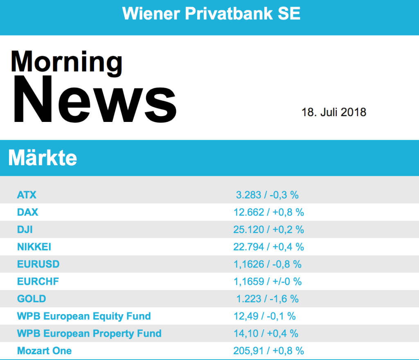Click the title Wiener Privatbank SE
tap(211, 13)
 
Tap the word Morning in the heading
tap(66, 62)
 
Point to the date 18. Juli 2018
tap(333, 112)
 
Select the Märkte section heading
tap(43, 158)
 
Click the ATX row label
tap(27, 195)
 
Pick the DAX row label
tap(27, 212)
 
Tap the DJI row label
tap(25, 229)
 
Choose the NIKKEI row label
tap(34, 247)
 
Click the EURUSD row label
tap(38, 264)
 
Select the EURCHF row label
tap(38, 281)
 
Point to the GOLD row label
tap(32, 299)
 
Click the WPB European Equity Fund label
tap(84, 316)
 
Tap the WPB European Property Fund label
tap(89, 333)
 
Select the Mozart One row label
tap(44, 351)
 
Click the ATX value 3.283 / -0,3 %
tap(267, 195)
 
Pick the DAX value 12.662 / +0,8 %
tap(268, 212)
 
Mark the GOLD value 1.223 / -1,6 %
tap(267, 299)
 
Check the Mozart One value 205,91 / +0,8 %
tap(268, 351)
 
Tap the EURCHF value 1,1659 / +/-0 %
tap(267, 281)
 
